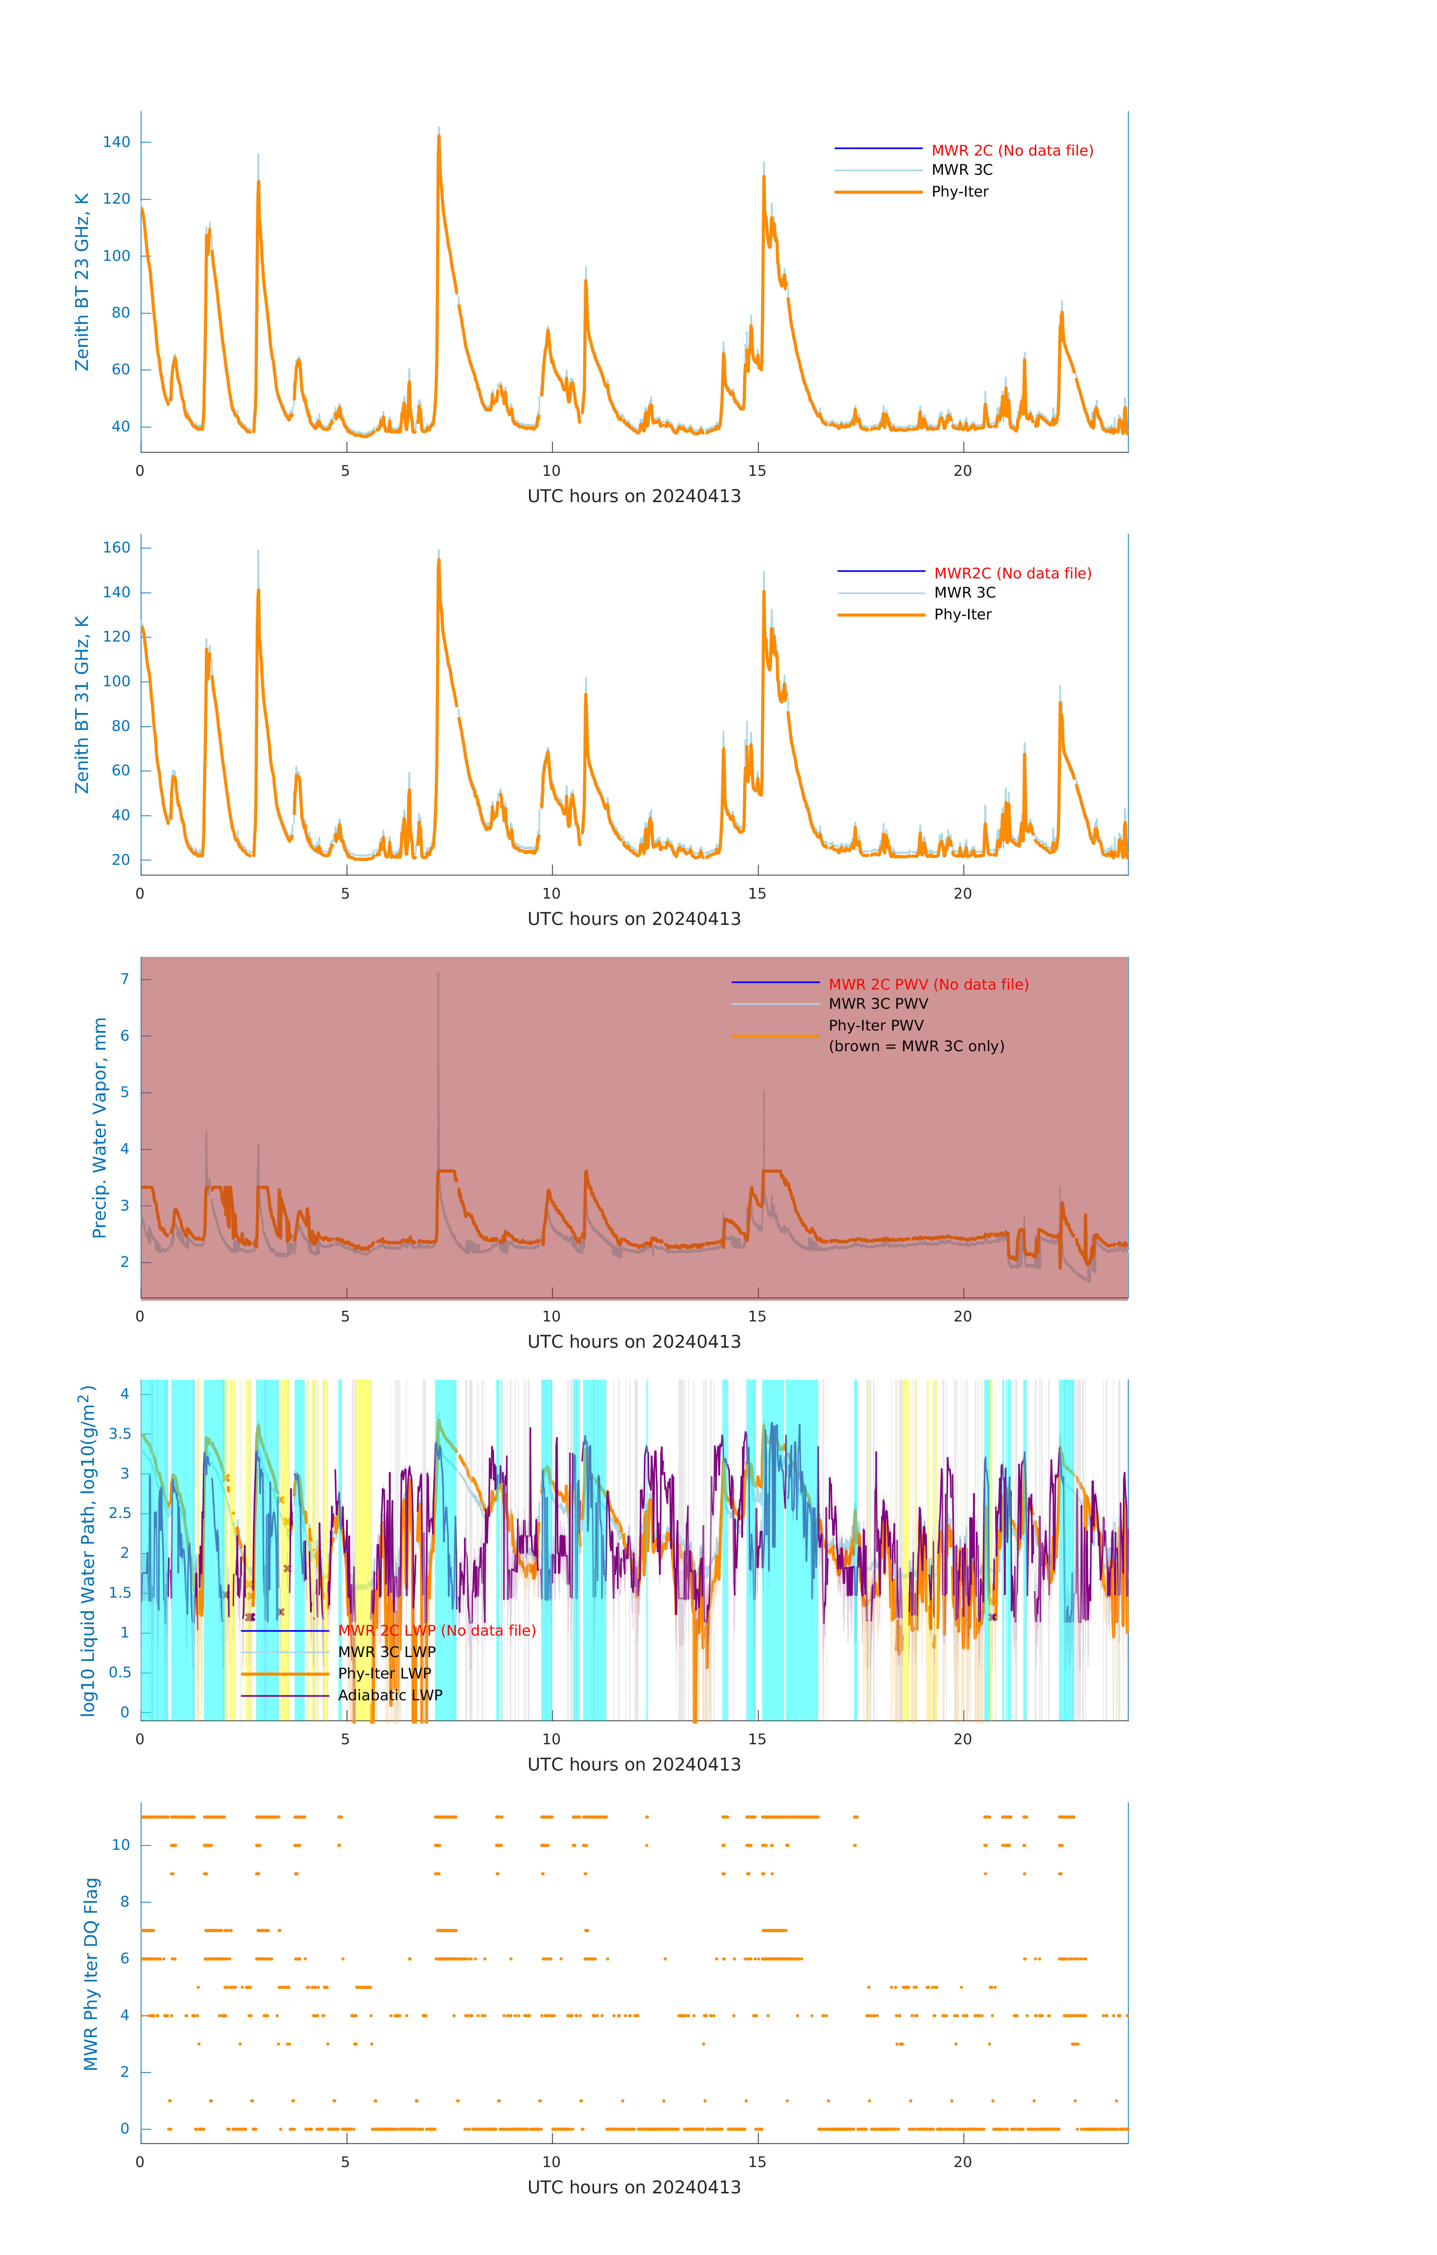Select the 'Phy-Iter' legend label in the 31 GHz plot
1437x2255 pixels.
point(963,614)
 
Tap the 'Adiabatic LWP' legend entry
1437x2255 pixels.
point(390,1695)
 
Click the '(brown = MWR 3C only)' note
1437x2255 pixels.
point(916,1046)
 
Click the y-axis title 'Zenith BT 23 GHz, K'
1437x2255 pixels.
point(82,282)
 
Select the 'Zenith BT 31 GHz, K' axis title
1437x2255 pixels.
point(82,704)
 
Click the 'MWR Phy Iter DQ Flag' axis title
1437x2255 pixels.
point(91,1973)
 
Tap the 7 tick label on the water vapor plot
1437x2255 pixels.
point(124,979)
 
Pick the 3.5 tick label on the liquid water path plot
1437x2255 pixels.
point(120,1434)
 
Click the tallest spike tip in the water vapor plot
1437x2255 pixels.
point(438,974)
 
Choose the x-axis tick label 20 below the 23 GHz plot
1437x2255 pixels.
point(963,471)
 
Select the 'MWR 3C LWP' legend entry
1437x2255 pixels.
point(386,1652)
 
